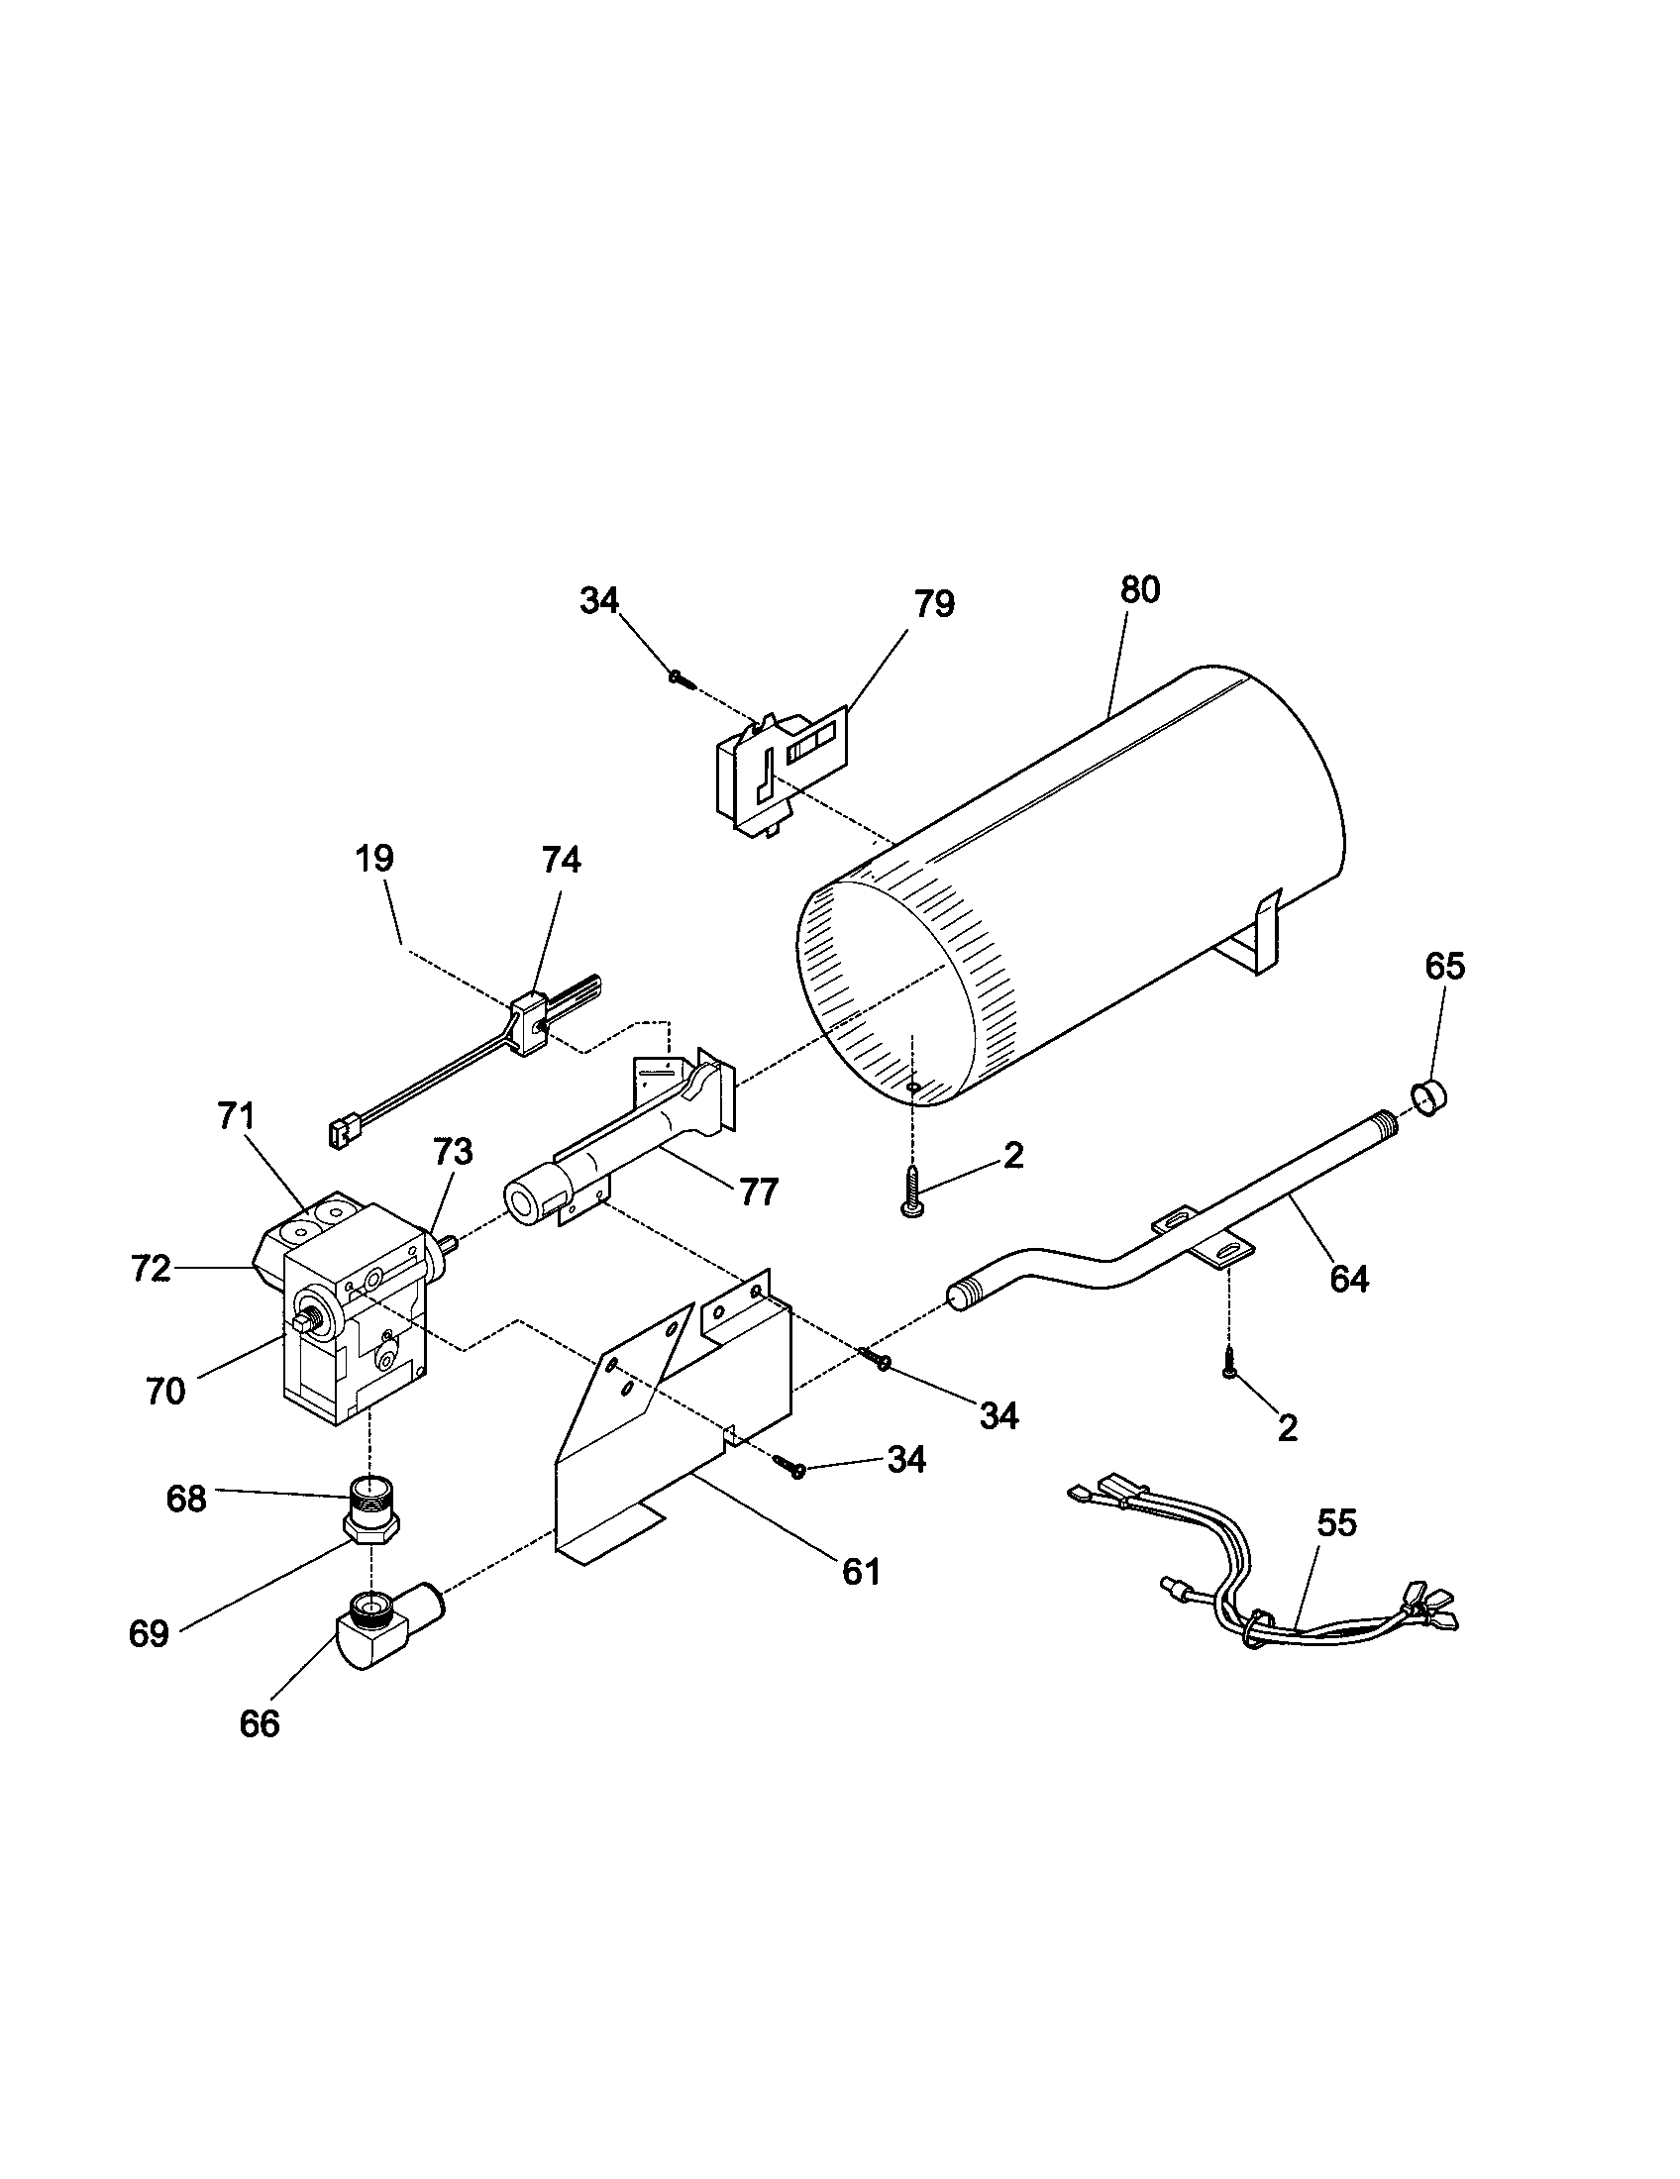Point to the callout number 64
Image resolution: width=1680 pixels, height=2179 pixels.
point(1349,1278)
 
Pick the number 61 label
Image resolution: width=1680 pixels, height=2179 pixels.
point(862,1572)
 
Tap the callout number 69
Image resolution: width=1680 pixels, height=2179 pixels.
point(150,1634)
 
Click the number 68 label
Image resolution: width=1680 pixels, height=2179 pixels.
point(186,1498)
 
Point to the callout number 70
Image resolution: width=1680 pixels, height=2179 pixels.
point(165,1391)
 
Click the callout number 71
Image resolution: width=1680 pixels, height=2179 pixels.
point(237,1115)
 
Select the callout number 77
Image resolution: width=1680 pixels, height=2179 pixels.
point(758,1192)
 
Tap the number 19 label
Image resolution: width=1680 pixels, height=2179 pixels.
point(375,858)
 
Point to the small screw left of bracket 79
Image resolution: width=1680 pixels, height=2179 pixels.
point(682,678)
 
